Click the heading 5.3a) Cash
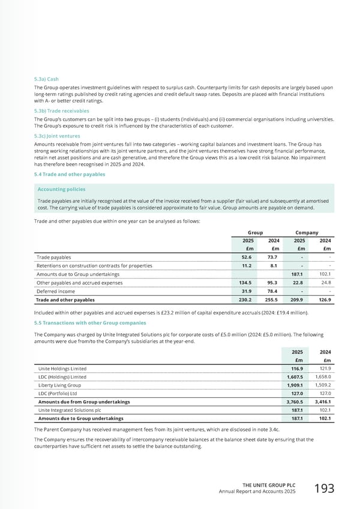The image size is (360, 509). (x=46, y=79)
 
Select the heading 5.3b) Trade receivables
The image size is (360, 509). (x=61, y=110)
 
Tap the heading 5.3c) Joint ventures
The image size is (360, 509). (x=58, y=136)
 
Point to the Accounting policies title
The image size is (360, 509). (x=61, y=189)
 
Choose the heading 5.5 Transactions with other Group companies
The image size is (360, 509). (x=90, y=323)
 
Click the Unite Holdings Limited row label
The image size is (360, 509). (x=62, y=368)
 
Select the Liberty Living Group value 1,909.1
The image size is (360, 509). (x=296, y=385)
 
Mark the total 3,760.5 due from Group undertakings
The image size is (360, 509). (x=296, y=402)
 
